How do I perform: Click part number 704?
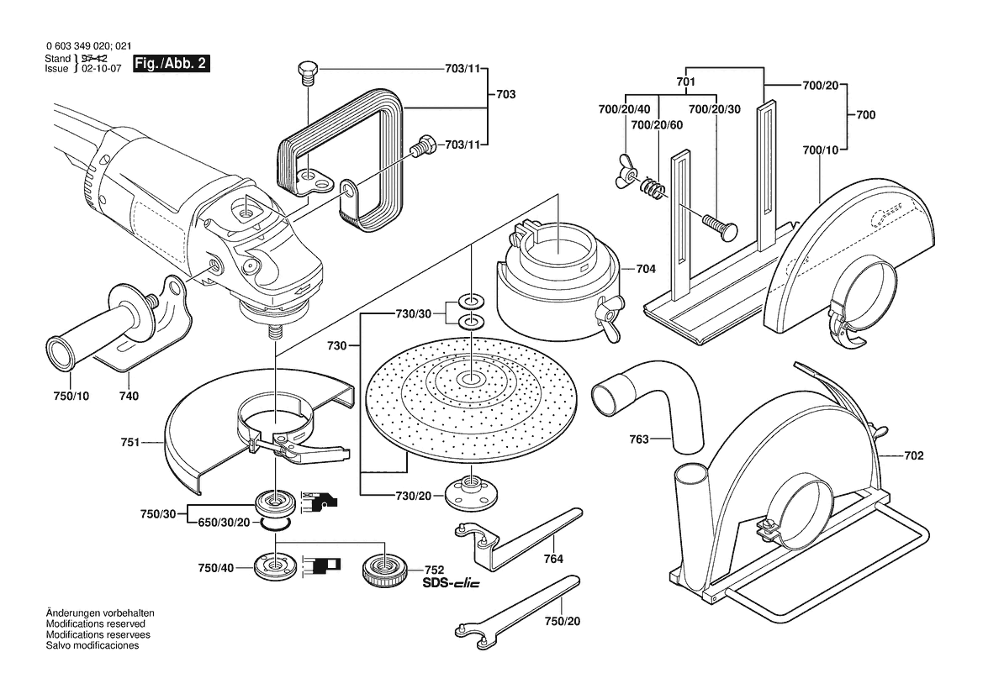click(x=646, y=270)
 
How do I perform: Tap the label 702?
click(x=914, y=455)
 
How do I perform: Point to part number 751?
click(x=130, y=440)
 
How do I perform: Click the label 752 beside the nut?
click(x=434, y=570)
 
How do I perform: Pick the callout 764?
click(x=552, y=558)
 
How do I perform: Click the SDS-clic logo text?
click(x=451, y=584)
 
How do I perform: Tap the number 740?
click(x=129, y=396)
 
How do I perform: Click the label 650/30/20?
click(x=225, y=522)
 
